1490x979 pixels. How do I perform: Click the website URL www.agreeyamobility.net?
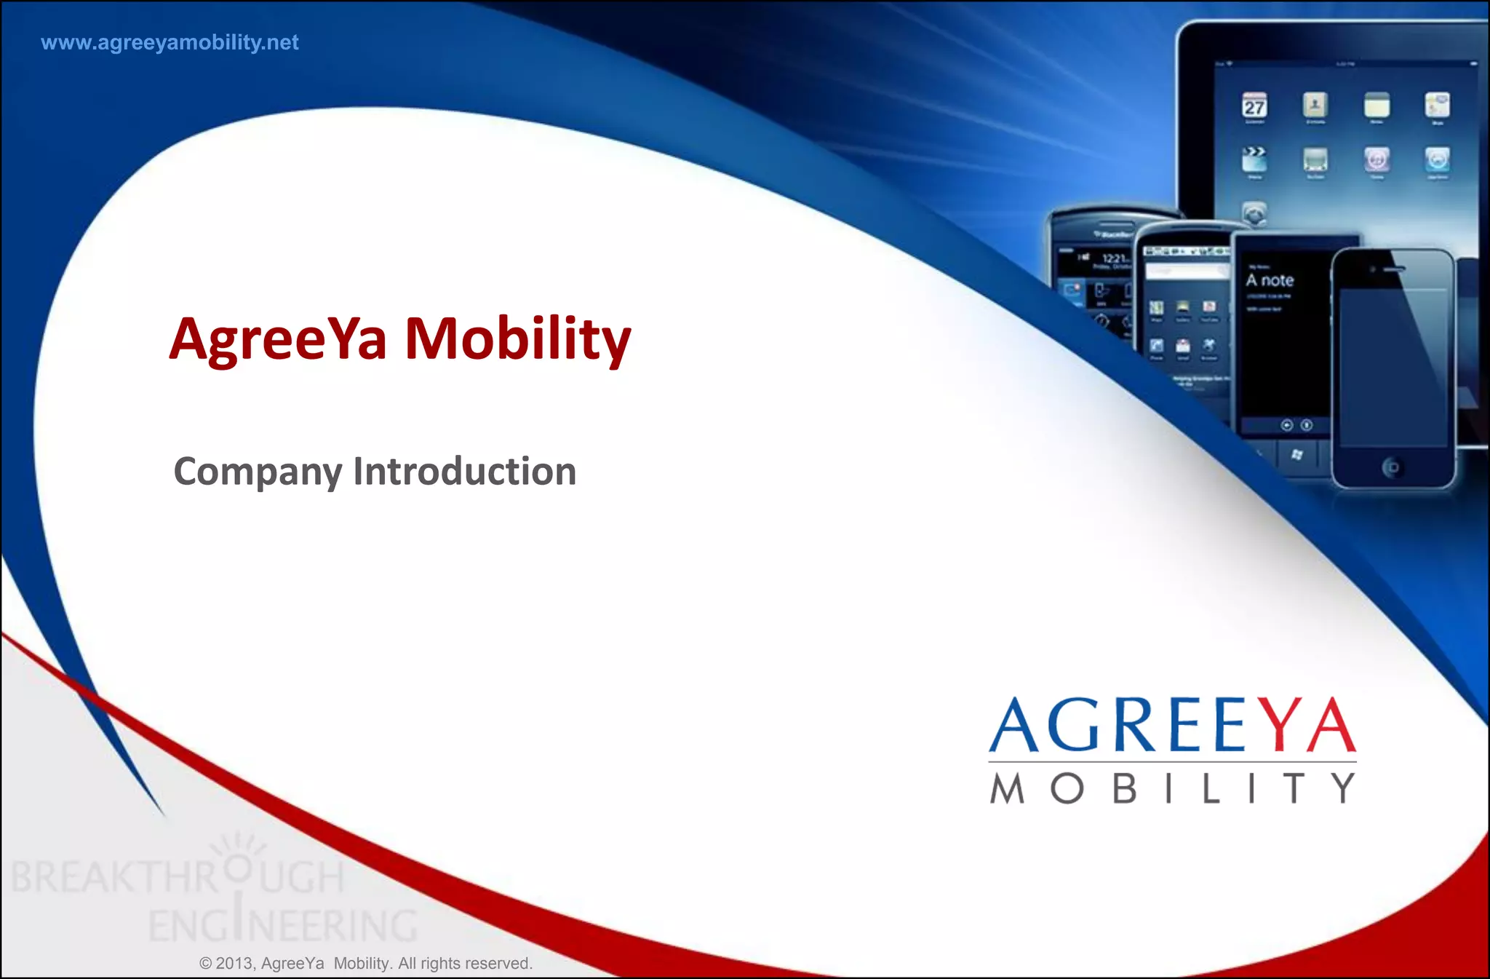click(170, 43)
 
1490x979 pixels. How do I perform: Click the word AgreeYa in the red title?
click(278, 339)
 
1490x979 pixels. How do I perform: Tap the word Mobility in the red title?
click(517, 339)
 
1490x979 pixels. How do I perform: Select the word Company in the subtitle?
click(258, 472)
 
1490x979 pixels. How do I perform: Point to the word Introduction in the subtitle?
click(465, 472)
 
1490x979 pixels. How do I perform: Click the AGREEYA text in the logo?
click(1171, 726)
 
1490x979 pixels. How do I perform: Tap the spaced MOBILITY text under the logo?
click(1172, 788)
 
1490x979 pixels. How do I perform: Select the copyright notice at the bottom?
click(366, 964)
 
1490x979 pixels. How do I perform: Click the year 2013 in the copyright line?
click(234, 964)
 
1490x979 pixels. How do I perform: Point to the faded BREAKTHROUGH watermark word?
click(178, 877)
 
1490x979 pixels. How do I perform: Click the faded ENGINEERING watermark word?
click(283, 926)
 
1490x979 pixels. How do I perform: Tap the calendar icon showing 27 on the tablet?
click(1254, 106)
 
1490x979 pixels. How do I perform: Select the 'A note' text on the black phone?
click(1270, 280)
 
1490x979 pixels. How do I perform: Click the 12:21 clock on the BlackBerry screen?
click(1115, 258)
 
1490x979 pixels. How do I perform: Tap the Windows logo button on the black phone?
click(1296, 455)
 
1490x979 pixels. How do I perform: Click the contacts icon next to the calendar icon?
click(1315, 105)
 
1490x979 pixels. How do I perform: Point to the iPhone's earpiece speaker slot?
click(1394, 269)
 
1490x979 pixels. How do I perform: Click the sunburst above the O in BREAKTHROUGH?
click(237, 845)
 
